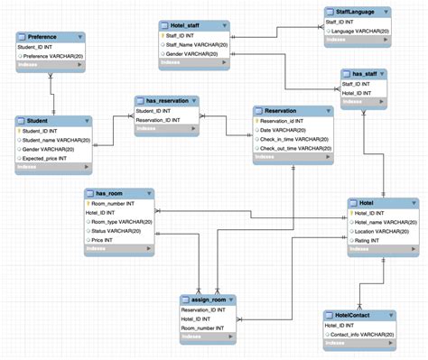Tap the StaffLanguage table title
356,11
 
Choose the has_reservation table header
166,100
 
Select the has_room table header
110,192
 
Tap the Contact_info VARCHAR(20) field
361,334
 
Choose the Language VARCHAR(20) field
358,31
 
